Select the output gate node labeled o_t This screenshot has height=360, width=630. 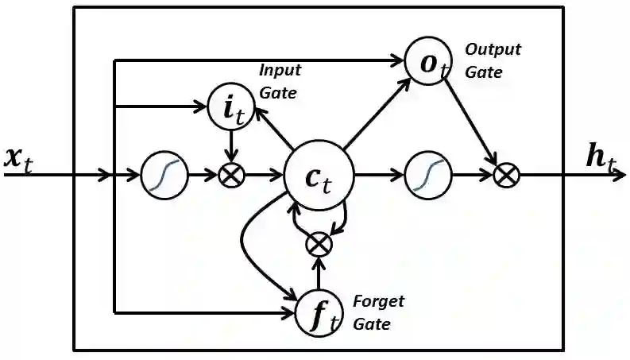tap(429, 61)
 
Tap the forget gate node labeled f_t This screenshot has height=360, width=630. tap(318, 312)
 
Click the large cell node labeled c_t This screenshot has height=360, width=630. tap(319, 176)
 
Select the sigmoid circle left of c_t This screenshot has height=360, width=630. tap(164, 175)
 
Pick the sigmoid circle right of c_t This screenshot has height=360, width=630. tap(428, 175)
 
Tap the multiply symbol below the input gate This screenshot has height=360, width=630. tap(230, 175)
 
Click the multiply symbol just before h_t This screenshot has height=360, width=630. tap(504, 175)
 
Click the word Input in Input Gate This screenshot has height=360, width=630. tap(280, 70)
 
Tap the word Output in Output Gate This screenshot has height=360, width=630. tap(493, 49)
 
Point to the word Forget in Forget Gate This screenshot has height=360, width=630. tap(377, 302)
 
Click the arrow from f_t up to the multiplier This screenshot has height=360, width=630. tap(319, 274)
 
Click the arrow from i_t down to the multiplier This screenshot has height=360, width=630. tap(230, 145)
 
